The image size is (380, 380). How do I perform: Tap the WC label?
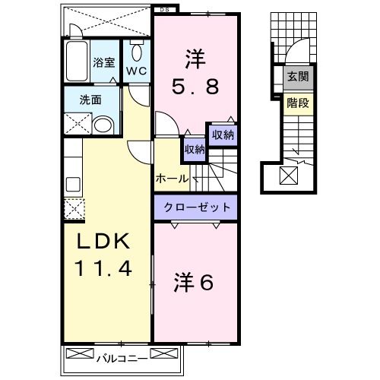point(137,71)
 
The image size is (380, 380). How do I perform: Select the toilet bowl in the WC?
point(137,52)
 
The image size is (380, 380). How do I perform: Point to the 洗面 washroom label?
point(91,100)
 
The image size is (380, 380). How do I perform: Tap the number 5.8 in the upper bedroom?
point(193,87)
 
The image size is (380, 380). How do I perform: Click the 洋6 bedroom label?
point(194,283)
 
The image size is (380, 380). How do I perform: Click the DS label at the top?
point(164,9)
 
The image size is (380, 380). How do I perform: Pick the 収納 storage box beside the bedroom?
point(222,135)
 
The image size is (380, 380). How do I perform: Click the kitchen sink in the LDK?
point(74,185)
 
